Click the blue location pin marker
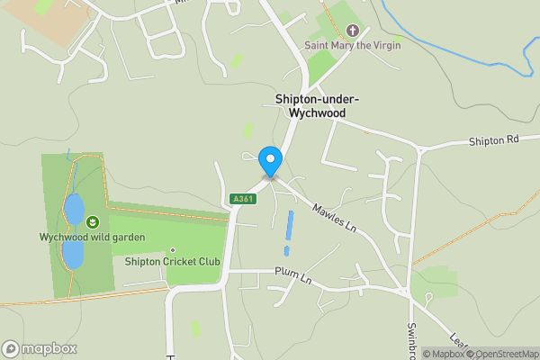(270, 161)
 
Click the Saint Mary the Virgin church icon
(352, 31)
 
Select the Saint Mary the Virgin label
(352, 45)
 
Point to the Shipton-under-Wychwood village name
(311, 105)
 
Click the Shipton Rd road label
(494, 141)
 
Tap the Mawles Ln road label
(334, 217)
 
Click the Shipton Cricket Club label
(173, 262)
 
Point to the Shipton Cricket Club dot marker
(173, 250)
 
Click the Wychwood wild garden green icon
(92, 221)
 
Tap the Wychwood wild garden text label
(92, 238)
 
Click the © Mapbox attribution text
(443, 354)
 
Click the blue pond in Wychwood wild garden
(73, 209)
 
